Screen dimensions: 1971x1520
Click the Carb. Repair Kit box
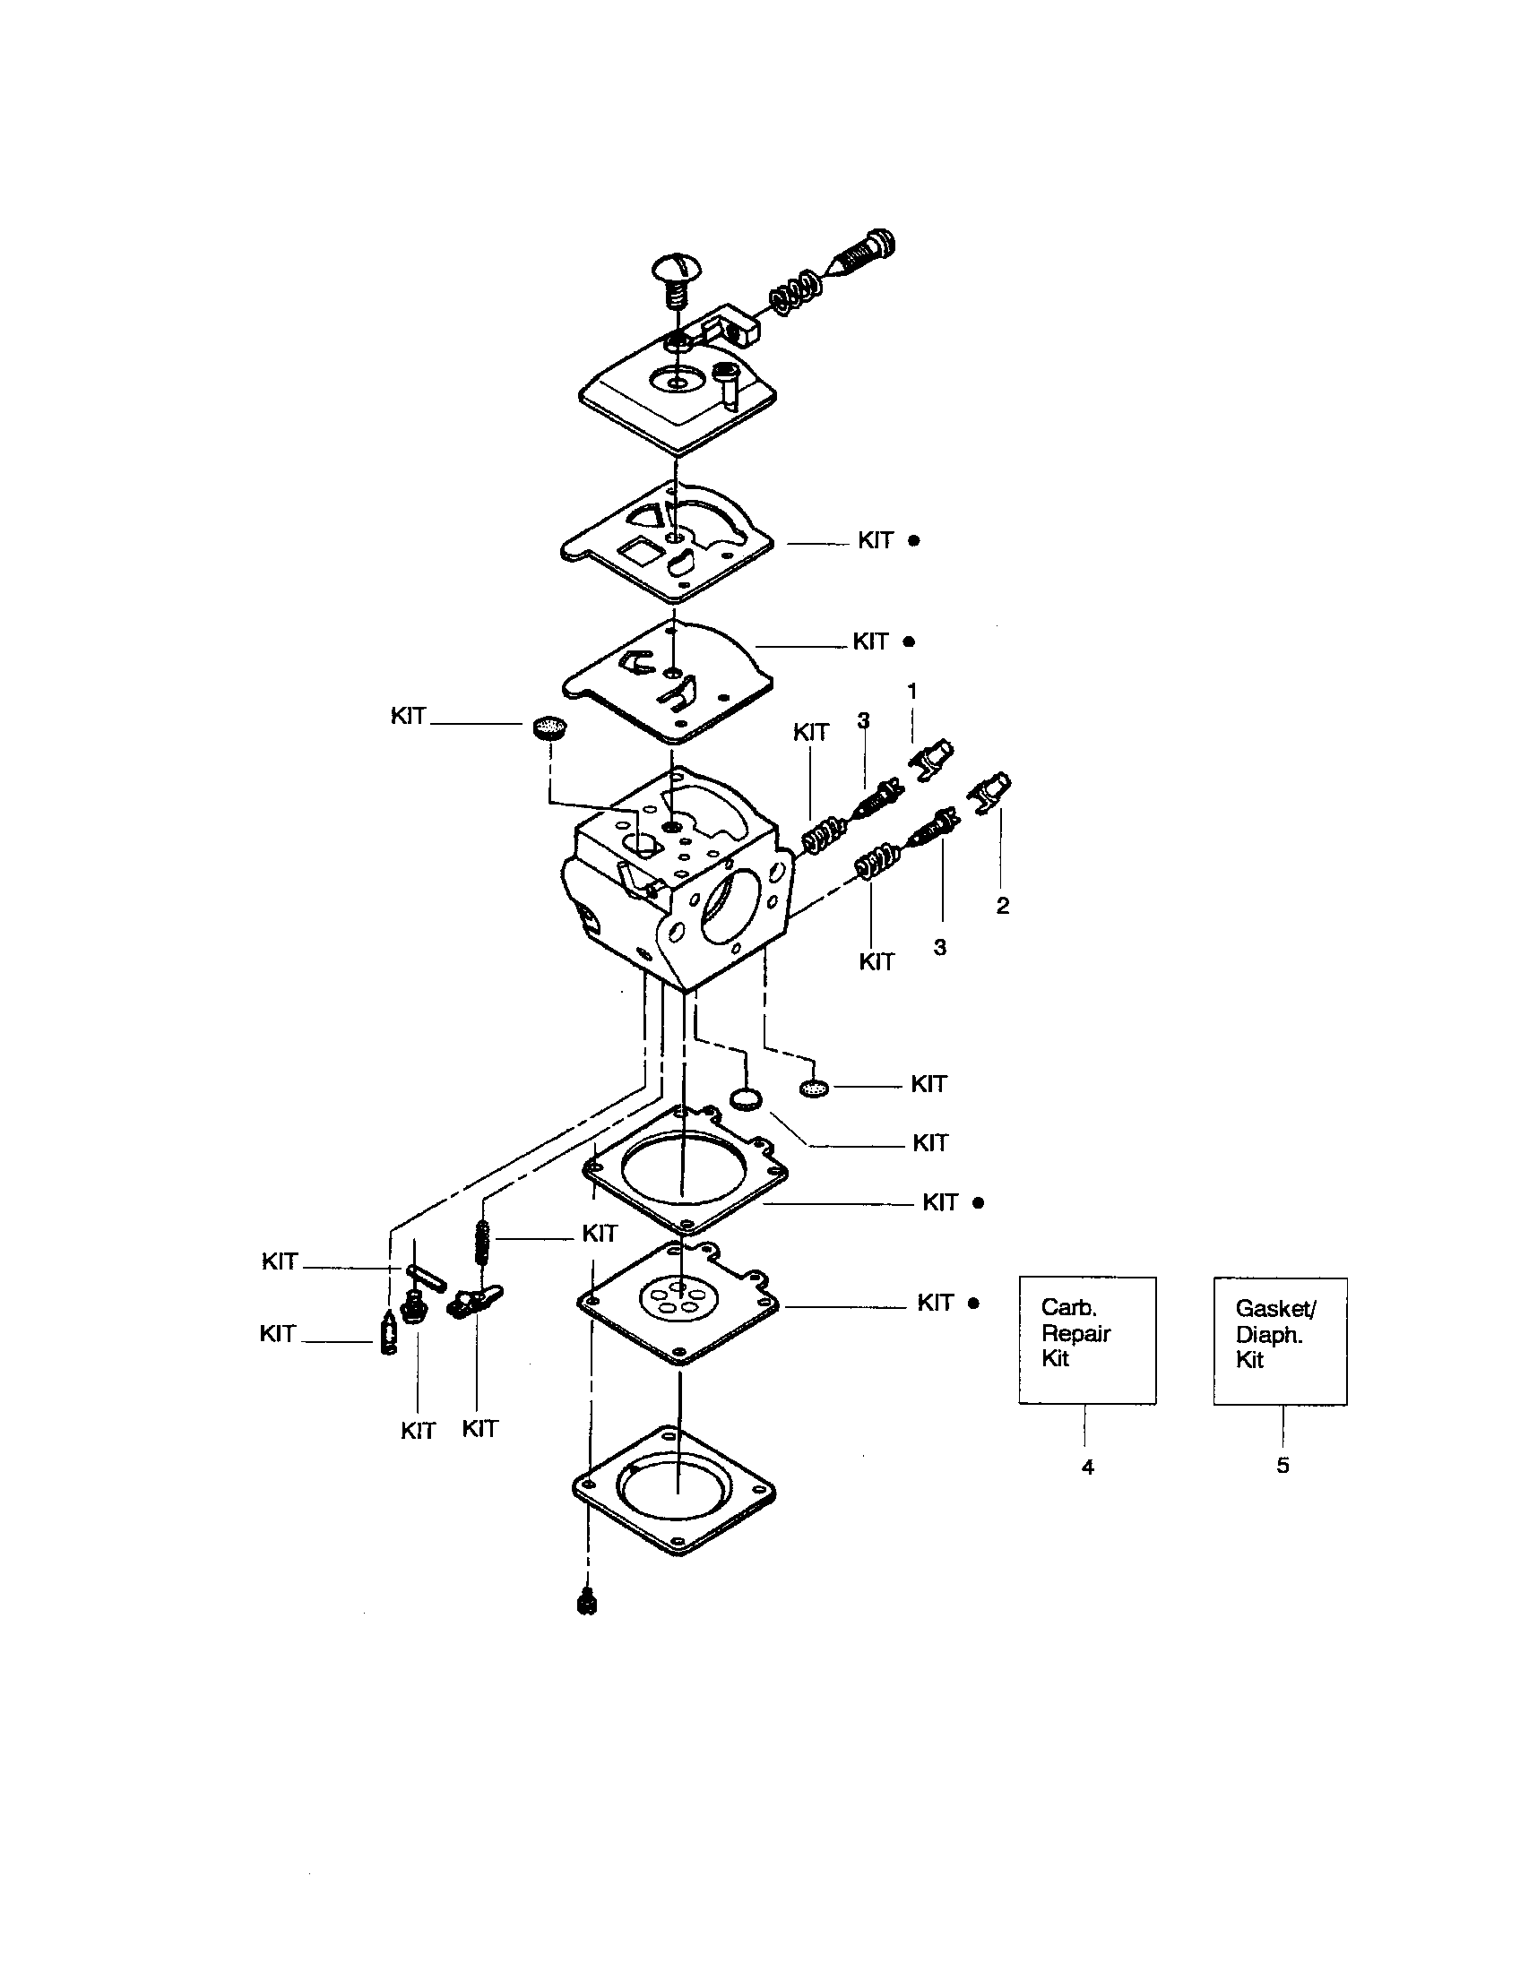[x=1087, y=1339]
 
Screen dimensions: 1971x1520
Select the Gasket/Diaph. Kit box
[x=1279, y=1340]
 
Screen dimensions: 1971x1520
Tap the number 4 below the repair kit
[x=1088, y=1467]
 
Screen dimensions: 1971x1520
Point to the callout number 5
[x=1282, y=1466]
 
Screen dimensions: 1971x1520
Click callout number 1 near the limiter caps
[x=911, y=692]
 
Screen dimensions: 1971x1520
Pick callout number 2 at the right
[x=1002, y=906]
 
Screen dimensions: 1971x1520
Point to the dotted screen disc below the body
[x=813, y=1089]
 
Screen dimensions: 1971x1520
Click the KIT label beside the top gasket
[x=875, y=540]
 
